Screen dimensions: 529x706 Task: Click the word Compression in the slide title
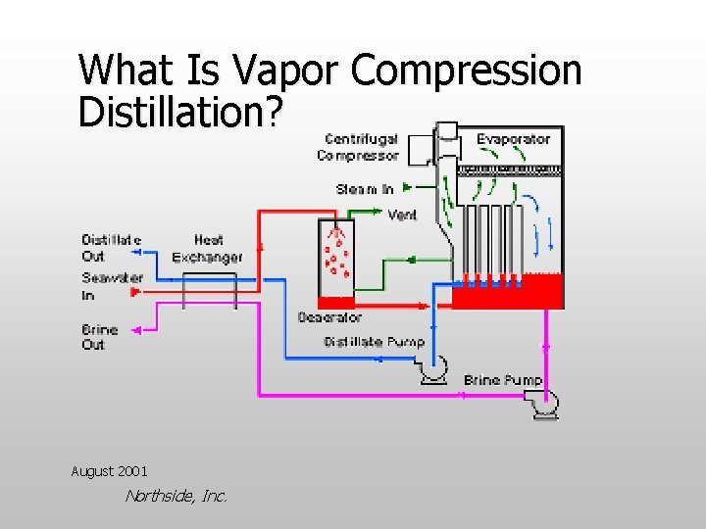[x=466, y=72]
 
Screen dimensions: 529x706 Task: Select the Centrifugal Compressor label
[x=359, y=147]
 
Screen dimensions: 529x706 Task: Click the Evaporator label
[x=513, y=139]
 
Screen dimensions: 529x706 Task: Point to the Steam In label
[x=365, y=189]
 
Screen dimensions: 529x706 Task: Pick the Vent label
[x=402, y=215]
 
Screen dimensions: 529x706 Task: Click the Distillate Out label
[x=111, y=248]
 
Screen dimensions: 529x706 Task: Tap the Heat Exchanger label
[x=207, y=248]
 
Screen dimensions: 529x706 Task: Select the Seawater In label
[x=112, y=286]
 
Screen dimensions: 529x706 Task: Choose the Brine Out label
[x=99, y=337]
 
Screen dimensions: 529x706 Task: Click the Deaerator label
[x=329, y=317]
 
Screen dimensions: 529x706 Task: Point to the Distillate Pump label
[x=374, y=341]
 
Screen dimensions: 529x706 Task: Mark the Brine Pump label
[x=503, y=380]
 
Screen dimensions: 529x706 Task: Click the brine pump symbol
[x=542, y=402]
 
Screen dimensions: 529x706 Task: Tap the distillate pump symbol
[x=432, y=368]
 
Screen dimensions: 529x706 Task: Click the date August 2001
[x=109, y=471]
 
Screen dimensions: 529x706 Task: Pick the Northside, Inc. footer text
[x=176, y=496]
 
